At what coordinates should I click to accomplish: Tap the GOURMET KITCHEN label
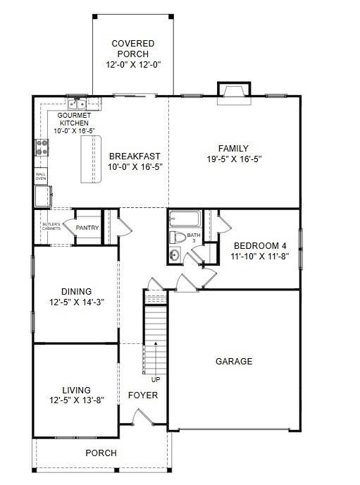tap(73, 118)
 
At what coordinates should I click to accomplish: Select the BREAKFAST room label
tap(134, 156)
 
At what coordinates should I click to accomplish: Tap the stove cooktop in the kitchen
tap(42, 147)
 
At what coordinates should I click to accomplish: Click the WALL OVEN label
tap(42, 176)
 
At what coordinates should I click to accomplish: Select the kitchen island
tap(90, 159)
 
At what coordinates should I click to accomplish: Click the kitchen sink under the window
tap(77, 104)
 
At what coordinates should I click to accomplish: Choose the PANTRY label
tap(87, 228)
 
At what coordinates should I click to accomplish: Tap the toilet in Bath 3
tap(179, 238)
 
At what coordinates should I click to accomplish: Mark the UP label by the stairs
tap(155, 379)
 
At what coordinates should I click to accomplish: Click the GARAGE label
tap(234, 362)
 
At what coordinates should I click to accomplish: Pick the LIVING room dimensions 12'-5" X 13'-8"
tap(76, 400)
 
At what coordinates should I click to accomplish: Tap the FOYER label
tap(142, 395)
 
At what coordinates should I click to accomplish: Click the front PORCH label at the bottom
tap(101, 453)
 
